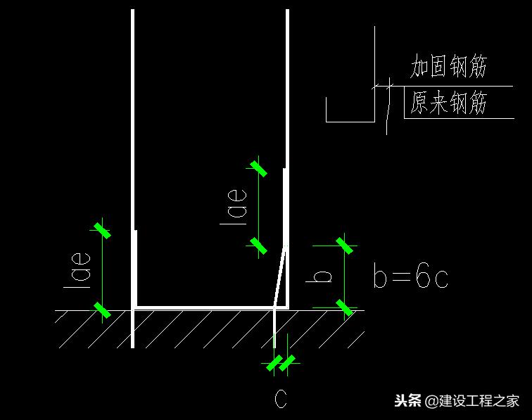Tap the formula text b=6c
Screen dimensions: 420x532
coord(410,278)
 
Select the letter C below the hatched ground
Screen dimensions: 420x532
coord(281,399)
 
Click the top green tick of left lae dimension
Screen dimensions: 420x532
coord(102,230)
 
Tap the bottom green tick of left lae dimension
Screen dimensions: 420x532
coord(102,309)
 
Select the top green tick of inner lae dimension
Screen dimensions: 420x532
coord(258,168)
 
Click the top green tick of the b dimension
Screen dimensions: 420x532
coord(343,245)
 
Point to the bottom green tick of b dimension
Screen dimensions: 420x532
coord(343,307)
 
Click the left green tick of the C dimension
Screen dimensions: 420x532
coord(274,364)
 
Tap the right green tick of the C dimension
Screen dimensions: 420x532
coord(286,364)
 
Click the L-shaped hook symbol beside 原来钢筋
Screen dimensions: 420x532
coord(350,113)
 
